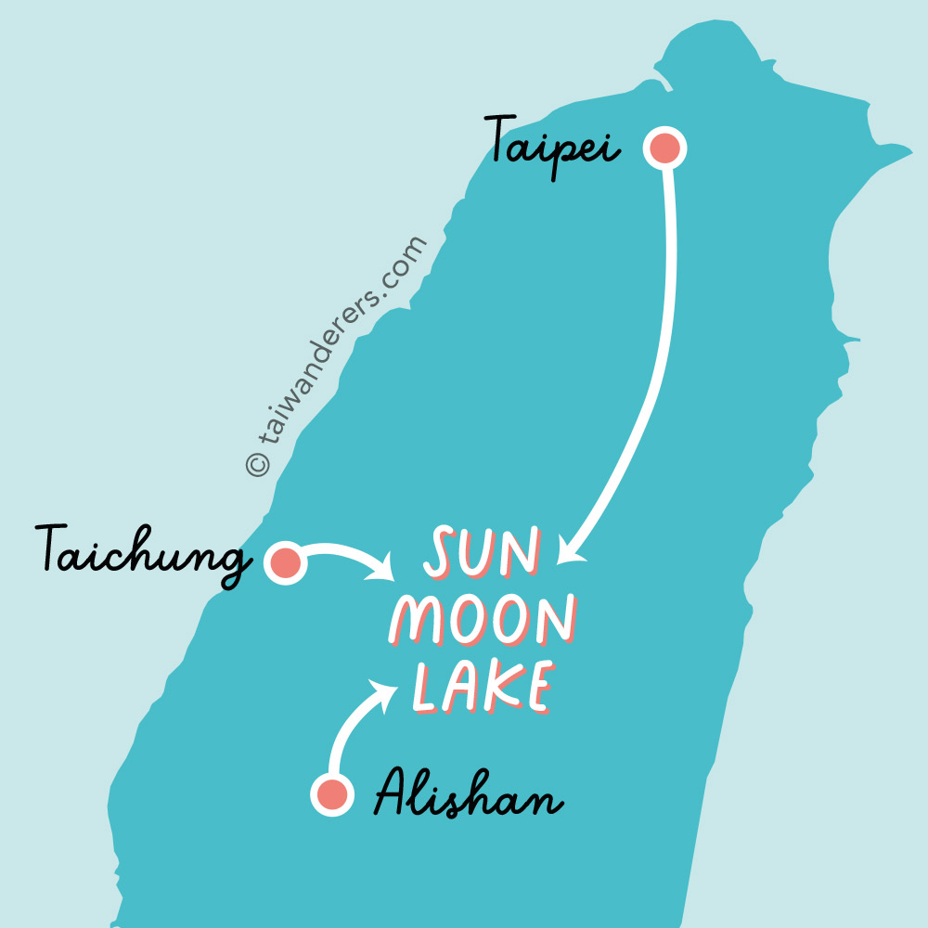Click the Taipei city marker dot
[x=664, y=148]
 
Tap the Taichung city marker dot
[x=286, y=562]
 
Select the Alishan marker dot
[x=332, y=794]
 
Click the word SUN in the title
[x=482, y=551]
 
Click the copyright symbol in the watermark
[x=257, y=464]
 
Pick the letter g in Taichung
[x=233, y=564]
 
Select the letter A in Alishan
[x=393, y=792]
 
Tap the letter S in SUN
[x=441, y=551]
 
